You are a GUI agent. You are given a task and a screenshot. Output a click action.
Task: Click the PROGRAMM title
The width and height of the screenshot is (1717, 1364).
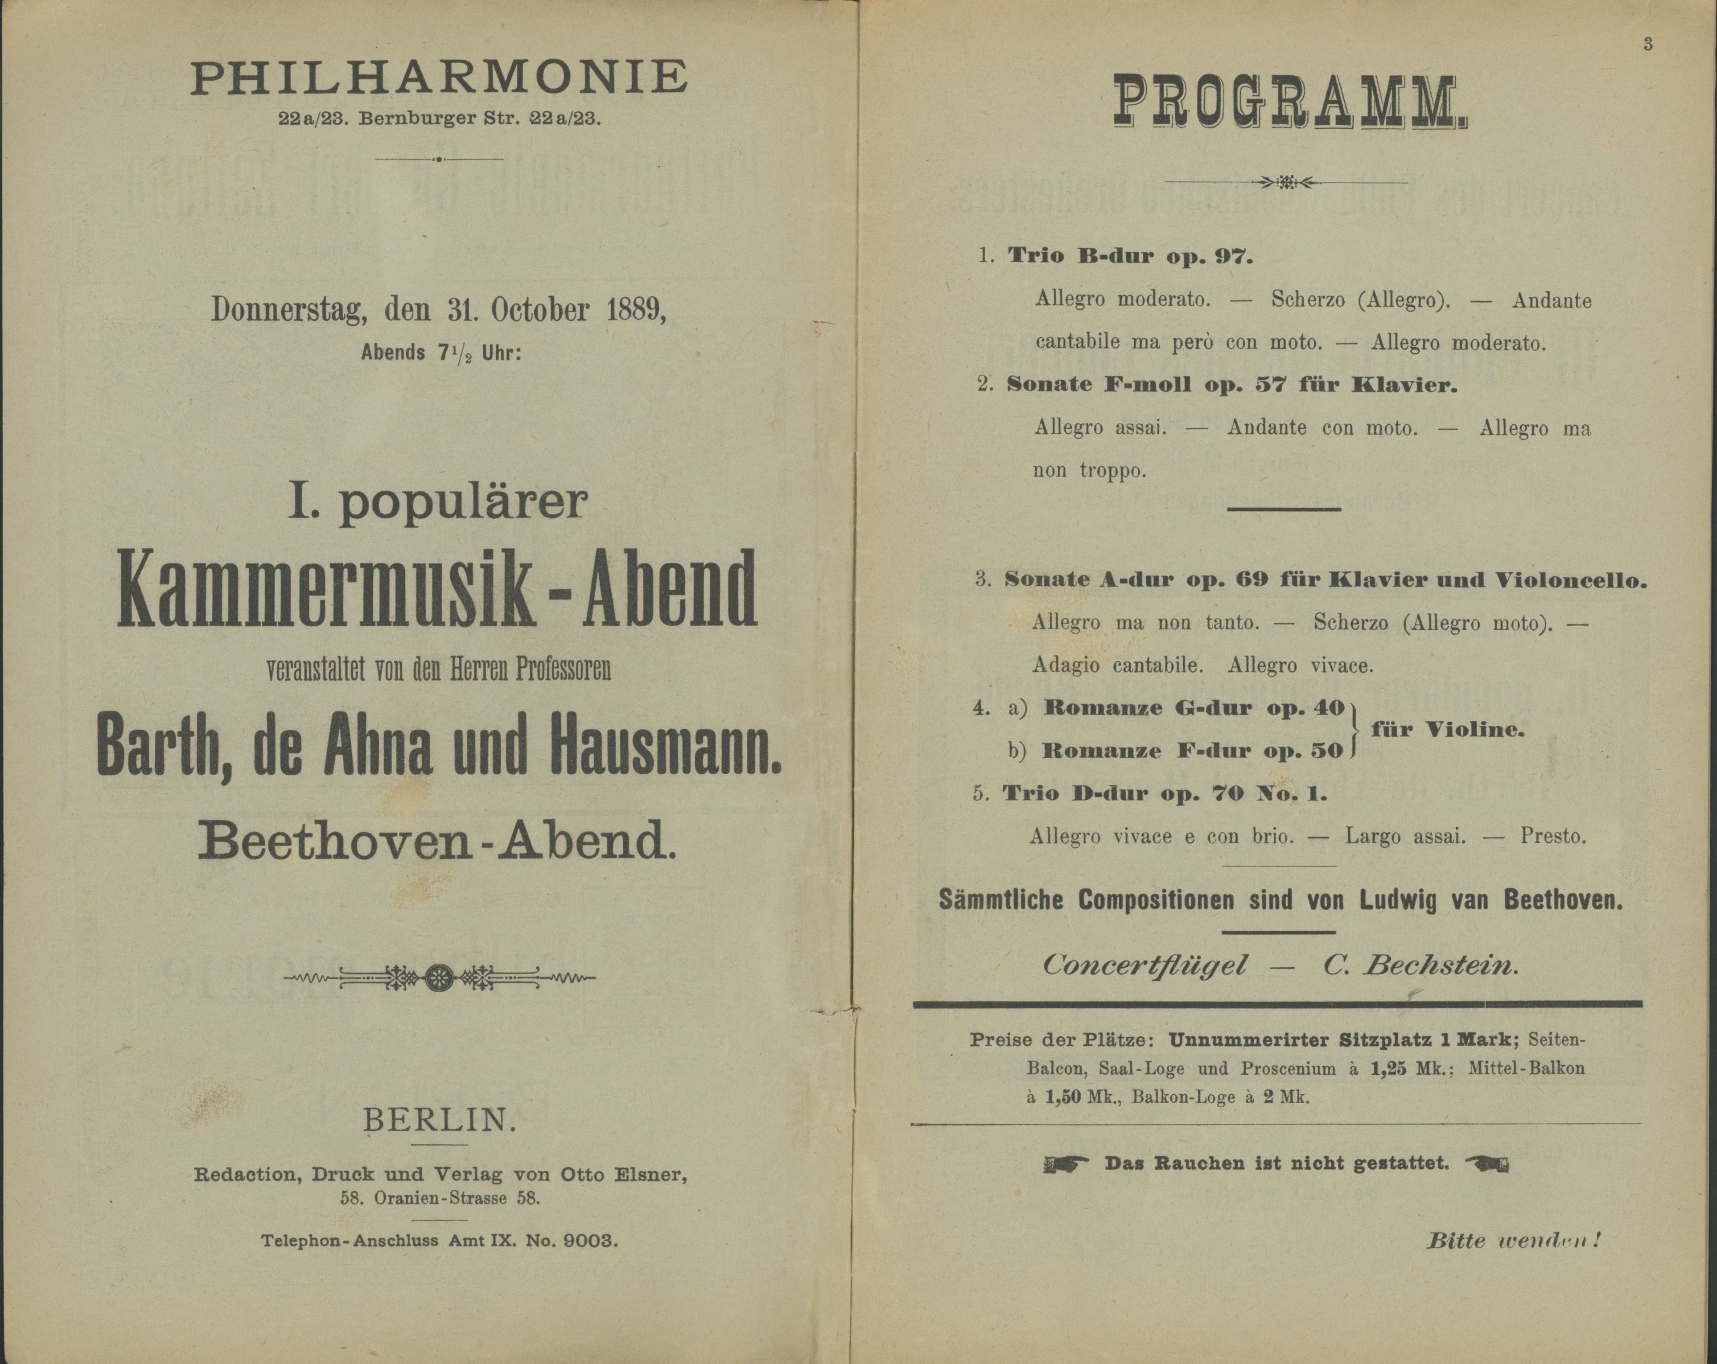1289,102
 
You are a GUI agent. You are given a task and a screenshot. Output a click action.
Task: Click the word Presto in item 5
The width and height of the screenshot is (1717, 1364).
1553,836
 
